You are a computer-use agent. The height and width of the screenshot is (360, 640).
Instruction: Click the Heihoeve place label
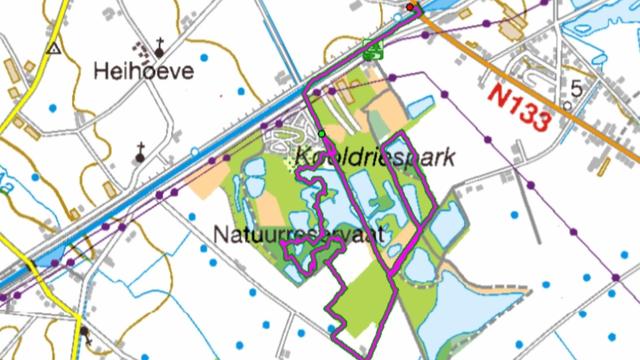(143, 71)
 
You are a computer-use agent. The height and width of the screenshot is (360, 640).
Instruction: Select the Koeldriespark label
(375, 157)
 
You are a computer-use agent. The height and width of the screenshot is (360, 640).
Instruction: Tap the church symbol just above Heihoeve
(159, 45)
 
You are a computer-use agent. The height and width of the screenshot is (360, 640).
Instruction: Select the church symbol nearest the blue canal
(141, 152)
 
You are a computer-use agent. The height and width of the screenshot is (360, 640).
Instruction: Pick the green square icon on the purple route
(373, 49)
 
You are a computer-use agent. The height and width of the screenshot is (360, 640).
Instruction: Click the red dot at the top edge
(409, 7)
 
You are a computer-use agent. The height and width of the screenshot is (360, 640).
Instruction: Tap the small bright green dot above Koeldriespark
(322, 132)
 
